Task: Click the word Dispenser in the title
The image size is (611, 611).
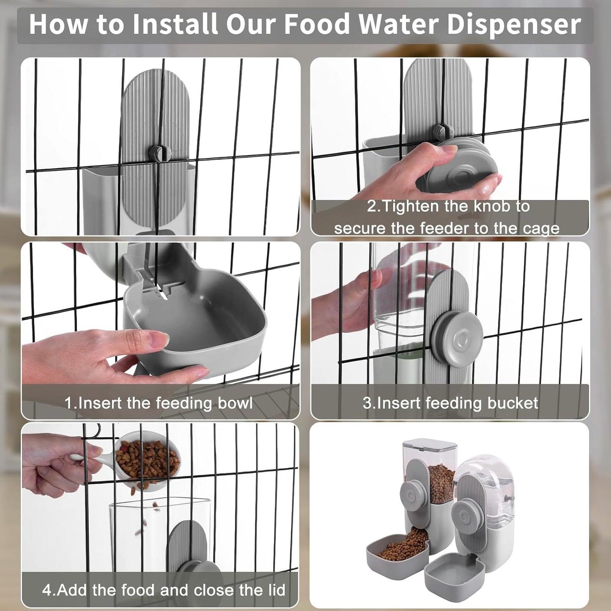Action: coord(514,25)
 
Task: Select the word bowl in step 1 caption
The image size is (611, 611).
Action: coord(235,403)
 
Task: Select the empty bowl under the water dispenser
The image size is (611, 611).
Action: coord(455,573)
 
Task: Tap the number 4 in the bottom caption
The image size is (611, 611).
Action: coord(46,589)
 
